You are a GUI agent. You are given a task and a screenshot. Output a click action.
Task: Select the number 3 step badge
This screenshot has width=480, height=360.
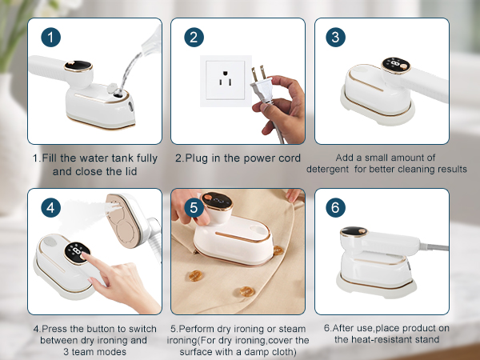pos(336,38)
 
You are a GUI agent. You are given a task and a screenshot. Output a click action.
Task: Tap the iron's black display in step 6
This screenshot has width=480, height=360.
pos(353,234)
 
